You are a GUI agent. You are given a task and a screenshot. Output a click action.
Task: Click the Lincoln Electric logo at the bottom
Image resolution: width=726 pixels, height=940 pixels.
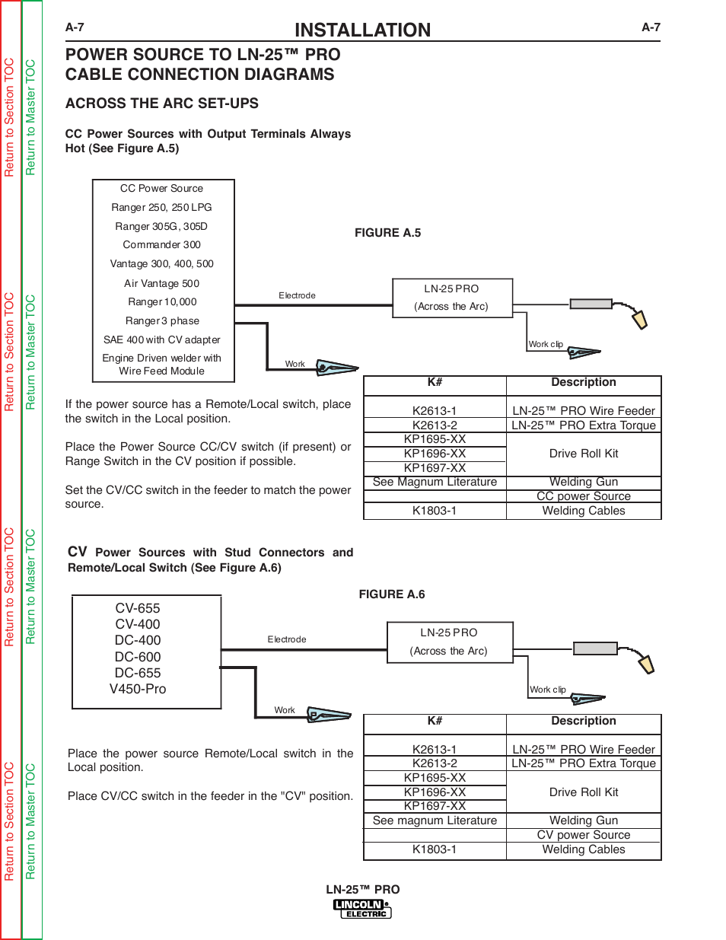pyautogui.click(x=362, y=908)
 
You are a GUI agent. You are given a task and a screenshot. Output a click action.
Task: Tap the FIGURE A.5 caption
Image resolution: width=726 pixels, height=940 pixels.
pyautogui.click(x=387, y=233)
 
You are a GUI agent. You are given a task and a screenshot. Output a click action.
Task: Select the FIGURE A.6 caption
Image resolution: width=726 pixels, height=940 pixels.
pyautogui.click(x=392, y=594)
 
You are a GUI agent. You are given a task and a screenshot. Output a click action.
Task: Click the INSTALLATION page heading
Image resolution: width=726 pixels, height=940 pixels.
pyautogui.click(x=362, y=30)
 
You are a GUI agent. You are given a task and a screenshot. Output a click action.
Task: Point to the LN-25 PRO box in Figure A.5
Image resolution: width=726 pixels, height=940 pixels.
pyautogui.click(x=452, y=298)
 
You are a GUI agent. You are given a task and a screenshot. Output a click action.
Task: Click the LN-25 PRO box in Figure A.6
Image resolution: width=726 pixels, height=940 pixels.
pyautogui.click(x=450, y=642)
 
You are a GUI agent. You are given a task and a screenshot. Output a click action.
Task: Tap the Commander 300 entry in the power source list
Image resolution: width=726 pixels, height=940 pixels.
pyautogui.click(x=162, y=244)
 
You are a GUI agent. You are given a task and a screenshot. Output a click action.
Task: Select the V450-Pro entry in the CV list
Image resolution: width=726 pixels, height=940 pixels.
pyautogui.click(x=138, y=688)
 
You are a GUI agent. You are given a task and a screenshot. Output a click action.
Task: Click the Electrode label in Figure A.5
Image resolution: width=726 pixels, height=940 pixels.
pyautogui.click(x=297, y=295)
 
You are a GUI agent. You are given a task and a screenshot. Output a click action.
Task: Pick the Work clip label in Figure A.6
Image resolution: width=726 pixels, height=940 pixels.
pyautogui.click(x=548, y=689)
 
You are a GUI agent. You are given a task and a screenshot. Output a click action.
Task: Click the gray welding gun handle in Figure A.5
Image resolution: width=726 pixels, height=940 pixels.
pyautogui.click(x=591, y=304)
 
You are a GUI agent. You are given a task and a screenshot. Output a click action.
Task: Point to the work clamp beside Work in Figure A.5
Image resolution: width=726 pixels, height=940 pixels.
pyautogui.click(x=336, y=368)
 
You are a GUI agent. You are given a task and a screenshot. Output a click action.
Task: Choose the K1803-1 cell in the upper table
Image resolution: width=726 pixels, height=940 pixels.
pyautogui.click(x=434, y=511)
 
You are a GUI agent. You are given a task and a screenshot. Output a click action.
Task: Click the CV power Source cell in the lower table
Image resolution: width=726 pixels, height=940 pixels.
pyautogui.click(x=583, y=834)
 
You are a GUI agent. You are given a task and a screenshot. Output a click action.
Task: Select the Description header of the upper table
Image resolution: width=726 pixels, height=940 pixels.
pyautogui.click(x=583, y=382)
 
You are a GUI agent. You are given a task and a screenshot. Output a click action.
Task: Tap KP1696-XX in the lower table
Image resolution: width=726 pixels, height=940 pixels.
pyautogui.click(x=435, y=792)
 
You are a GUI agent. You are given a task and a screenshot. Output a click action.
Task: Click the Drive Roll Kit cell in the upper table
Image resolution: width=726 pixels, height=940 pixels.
pyautogui.click(x=583, y=454)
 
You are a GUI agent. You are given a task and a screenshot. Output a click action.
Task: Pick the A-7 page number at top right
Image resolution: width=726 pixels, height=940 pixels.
pyautogui.click(x=651, y=27)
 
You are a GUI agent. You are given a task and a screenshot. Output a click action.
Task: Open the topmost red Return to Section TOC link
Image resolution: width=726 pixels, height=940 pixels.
pyautogui.click(x=10, y=118)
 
